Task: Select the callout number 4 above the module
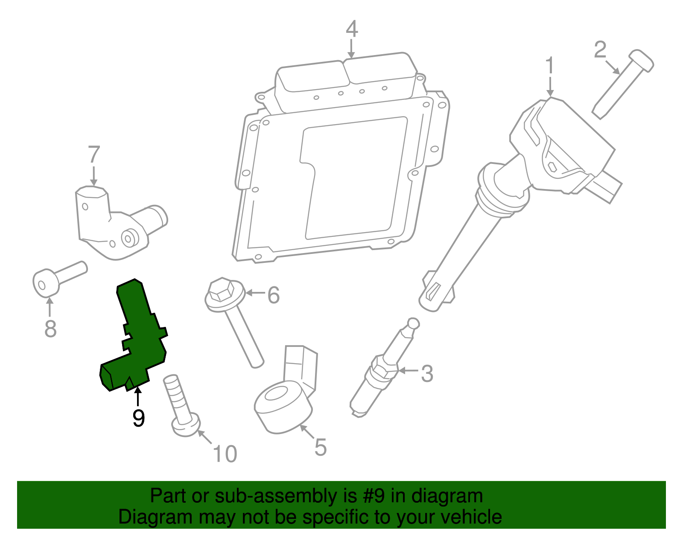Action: pos(351,29)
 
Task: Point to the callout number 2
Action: pos(600,50)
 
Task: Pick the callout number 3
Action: pos(426,373)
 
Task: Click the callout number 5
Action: pos(320,447)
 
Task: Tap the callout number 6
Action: pos(273,295)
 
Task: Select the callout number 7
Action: pos(94,154)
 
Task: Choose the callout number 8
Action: pos(50,329)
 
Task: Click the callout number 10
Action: pos(225,454)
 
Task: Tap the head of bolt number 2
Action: pos(641,61)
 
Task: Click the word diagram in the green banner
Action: pos(447,496)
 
